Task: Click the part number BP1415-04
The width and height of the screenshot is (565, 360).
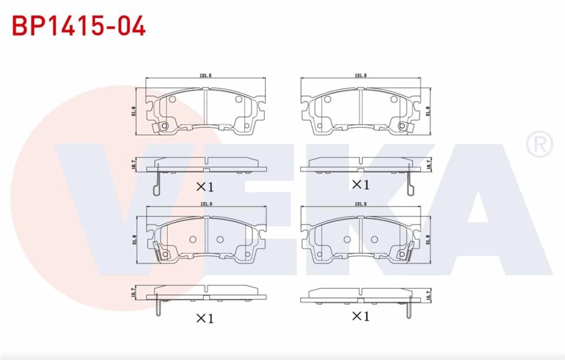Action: (79, 25)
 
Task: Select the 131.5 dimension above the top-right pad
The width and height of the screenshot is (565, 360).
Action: (360, 75)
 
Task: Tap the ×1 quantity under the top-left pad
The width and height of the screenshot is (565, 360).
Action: (205, 186)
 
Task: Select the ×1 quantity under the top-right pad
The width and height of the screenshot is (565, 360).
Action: (360, 184)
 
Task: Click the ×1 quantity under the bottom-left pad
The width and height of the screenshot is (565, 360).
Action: (205, 318)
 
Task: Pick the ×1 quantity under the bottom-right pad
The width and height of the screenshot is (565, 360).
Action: (360, 316)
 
